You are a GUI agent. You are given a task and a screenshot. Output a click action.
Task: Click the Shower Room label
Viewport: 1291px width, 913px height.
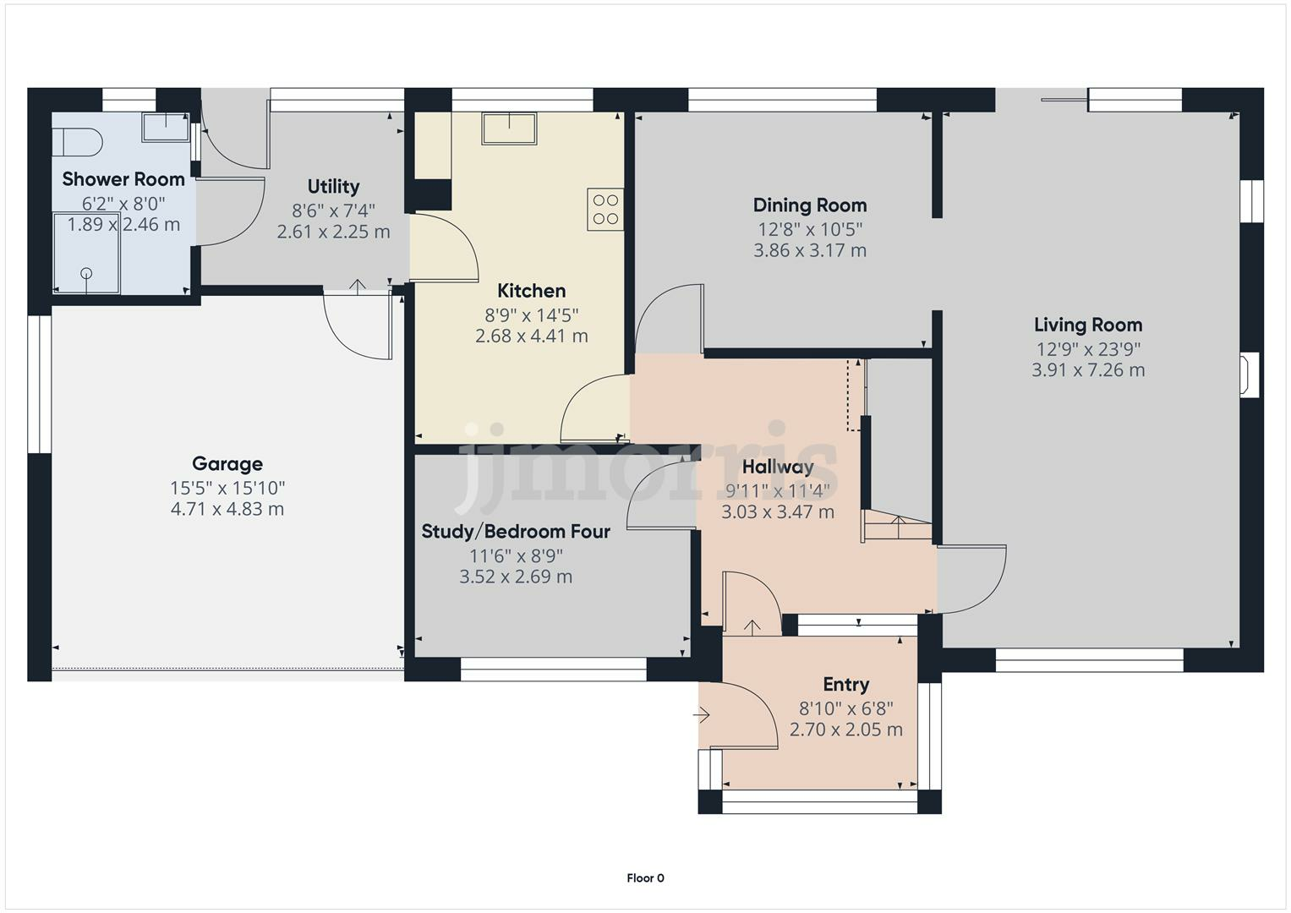(x=123, y=179)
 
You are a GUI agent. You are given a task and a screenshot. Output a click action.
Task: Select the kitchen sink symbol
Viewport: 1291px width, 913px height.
(x=510, y=128)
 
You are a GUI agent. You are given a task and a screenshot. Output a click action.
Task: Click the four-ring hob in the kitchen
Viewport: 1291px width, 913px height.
(x=605, y=210)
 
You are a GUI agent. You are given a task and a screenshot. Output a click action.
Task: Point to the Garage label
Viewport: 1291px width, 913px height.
(x=227, y=463)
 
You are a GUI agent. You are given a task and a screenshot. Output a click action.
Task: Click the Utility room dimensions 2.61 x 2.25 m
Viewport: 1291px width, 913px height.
(x=333, y=232)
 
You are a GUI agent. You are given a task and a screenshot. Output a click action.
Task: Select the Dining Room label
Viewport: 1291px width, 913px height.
(x=810, y=205)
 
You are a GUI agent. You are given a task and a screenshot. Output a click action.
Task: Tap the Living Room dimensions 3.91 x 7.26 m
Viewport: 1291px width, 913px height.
(x=1088, y=370)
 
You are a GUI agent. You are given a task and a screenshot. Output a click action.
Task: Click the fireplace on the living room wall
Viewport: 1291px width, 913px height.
(x=1249, y=374)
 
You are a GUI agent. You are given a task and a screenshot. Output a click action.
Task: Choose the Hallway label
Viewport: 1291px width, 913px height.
(x=778, y=467)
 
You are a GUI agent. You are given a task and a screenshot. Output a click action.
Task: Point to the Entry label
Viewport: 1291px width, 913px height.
(x=846, y=685)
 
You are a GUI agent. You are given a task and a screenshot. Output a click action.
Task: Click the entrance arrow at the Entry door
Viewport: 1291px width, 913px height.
(x=702, y=716)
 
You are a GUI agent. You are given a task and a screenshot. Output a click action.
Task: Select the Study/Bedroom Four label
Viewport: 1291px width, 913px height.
(x=516, y=532)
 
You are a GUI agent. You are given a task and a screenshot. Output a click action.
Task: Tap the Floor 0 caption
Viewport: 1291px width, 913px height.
(x=645, y=878)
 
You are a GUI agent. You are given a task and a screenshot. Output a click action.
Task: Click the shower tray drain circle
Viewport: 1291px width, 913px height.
(x=86, y=273)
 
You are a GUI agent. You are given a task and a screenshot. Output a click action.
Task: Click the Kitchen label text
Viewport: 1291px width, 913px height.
(x=531, y=291)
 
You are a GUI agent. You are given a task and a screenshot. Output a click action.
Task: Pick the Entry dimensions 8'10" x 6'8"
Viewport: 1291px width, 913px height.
(x=846, y=708)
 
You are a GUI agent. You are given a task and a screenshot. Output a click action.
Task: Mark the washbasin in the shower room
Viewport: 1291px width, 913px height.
(x=166, y=128)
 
